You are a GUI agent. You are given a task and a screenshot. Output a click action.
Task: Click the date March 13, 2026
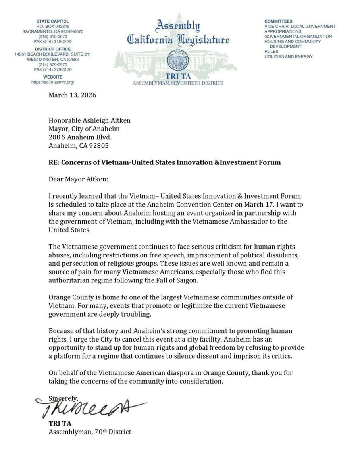click(72, 95)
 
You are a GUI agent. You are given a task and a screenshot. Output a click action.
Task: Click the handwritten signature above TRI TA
click(89, 407)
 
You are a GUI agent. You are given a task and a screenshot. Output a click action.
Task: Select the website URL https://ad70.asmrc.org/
click(53, 81)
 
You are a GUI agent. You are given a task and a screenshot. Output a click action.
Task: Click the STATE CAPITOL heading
click(52, 21)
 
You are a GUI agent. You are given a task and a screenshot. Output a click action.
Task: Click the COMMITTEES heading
click(278, 21)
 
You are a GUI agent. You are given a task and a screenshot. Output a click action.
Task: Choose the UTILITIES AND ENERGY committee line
click(289, 56)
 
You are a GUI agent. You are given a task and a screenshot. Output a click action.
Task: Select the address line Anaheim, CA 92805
click(79, 145)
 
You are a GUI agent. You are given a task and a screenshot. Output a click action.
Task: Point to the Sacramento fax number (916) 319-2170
click(57, 41)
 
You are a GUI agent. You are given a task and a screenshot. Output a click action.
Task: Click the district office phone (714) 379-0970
click(52, 64)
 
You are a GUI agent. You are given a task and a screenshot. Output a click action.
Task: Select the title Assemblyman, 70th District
click(89, 432)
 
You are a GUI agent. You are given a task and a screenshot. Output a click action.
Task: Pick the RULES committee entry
click(271, 51)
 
